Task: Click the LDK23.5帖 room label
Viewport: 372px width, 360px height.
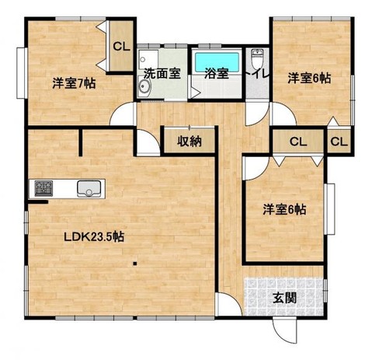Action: click(94, 236)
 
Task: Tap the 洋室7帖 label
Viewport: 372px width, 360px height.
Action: click(75, 83)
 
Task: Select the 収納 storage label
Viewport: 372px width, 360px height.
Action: click(189, 142)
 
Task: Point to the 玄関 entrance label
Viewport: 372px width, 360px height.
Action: click(285, 299)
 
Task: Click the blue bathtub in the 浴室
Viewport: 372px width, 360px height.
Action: click(217, 62)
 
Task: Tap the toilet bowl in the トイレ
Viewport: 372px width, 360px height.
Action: click(257, 58)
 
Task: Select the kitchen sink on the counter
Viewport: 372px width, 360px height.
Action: click(89, 189)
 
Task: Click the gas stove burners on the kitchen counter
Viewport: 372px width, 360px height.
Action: click(43, 188)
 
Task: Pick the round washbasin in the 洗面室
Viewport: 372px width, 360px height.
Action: click(144, 86)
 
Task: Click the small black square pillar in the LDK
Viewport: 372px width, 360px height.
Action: click(134, 264)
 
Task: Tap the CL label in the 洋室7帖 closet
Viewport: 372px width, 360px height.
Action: click(121, 47)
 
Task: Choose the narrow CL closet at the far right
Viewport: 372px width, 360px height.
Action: click(339, 142)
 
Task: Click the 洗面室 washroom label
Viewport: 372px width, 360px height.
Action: click(162, 74)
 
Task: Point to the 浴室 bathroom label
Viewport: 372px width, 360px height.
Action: click(217, 74)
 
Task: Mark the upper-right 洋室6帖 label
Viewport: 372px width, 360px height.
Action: click(309, 78)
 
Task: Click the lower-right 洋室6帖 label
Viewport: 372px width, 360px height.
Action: click(284, 209)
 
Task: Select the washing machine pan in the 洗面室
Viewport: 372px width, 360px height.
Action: click(148, 59)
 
